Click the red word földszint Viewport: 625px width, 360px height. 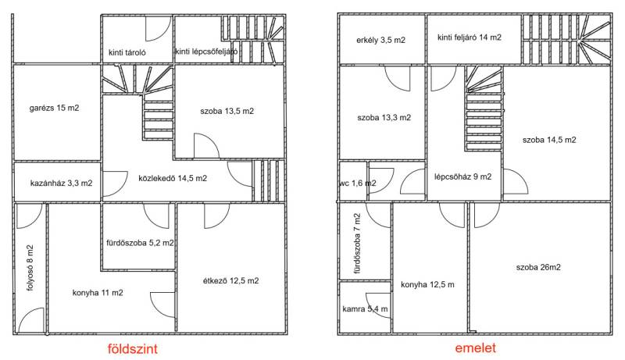click(x=133, y=349)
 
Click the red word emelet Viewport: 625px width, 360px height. click(x=476, y=348)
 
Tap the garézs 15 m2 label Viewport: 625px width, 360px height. click(x=54, y=108)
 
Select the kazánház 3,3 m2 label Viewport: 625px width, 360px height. click(x=62, y=184)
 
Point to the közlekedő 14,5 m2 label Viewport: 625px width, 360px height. click(x=173, y=178)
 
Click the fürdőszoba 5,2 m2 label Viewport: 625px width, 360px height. click(x=140, y=243)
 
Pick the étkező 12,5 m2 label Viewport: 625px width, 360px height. click(x=230, y=281)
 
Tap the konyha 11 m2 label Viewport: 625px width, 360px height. click(x=98, y=293)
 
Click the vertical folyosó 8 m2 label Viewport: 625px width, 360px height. click(x=30, y=268)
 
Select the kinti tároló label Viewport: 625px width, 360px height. click(x=127, y=52)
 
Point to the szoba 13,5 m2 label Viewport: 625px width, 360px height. click(x=227, y=111)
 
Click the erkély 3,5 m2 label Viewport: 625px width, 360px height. click(x=380, y=40)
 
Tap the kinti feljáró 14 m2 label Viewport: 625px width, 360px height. click(x=470, y=37)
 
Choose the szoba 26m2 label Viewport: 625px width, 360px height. click(x=538, y=267)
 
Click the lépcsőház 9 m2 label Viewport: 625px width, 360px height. click(x=462, y=176)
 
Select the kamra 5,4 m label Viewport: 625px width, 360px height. click(x=365, y=309)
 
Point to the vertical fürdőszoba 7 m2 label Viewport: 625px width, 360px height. click(x=357, y=244)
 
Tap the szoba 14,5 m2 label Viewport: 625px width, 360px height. click(x=549, y=140)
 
